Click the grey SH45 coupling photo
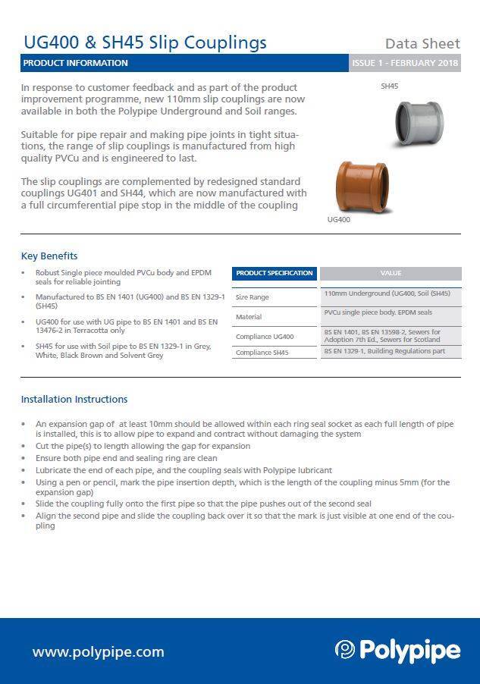point(422,125)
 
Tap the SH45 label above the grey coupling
point(389,86)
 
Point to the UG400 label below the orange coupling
point(338,219)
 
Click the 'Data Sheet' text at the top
point(422,43)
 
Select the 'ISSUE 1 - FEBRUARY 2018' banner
point(405,63)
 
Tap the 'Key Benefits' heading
point(49,256)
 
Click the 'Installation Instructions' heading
point(74,399)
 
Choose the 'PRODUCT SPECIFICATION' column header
point(274,273)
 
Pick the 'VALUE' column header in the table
point(391,273)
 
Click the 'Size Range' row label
point(253,297)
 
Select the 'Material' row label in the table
point(249,317)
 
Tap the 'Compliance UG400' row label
point(265,336)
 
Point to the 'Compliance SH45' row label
point(262,353)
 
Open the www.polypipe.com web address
point(98,651)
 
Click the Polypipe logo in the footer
point(397,651)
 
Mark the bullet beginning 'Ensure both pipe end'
point(126,458)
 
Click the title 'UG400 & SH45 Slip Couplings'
point(145,42)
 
